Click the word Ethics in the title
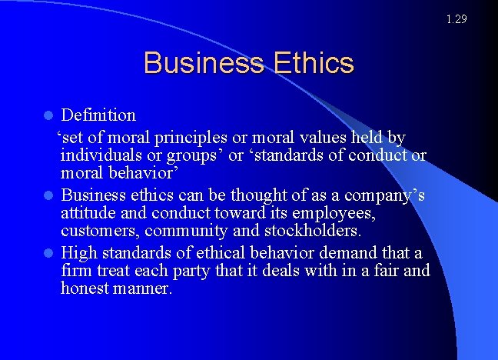[312, 63]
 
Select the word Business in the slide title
[202, 63]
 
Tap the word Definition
[98, 115]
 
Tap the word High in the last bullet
[77, 252]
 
